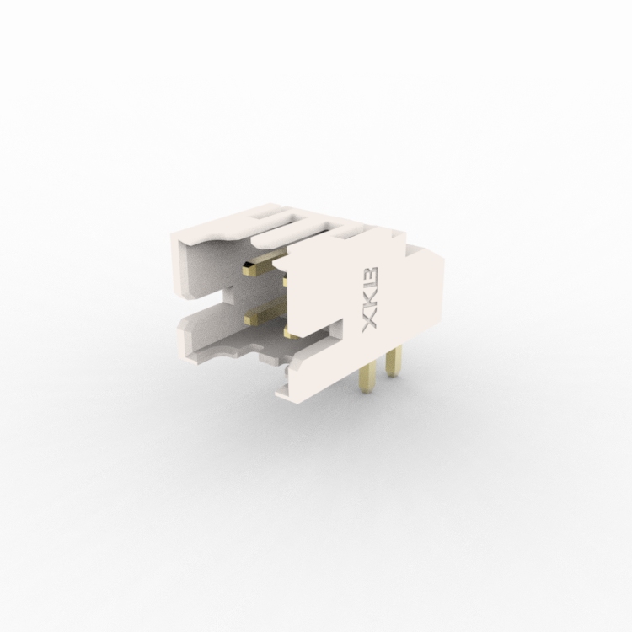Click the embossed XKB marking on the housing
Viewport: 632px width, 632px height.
tap(370, 299)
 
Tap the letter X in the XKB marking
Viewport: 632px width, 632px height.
tap(370, 322)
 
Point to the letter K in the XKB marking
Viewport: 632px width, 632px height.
tap(370, 300)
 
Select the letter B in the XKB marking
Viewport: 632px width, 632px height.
tap(370, 278)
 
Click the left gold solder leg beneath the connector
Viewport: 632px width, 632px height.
tap(367, 376)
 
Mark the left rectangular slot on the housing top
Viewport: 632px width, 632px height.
tap(270, 213)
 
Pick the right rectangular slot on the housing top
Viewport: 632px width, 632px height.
tap(351, 233)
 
